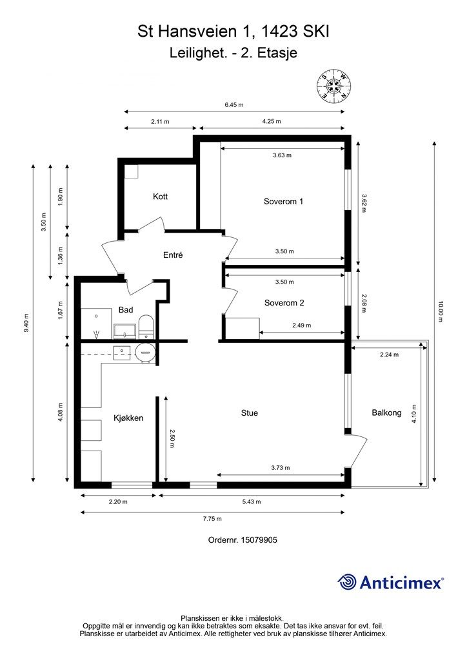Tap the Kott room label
click(x=161, y=197)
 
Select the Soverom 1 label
click(x=283, y=201)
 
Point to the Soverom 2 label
click(x=284, y=303)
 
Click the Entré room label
click(x=173, y=255)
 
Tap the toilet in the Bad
click(x=146, y=327)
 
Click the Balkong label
click(x=386, y=413)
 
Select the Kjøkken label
click(x=128, y=418)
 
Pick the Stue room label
click(x=249, y=413)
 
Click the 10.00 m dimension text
click(x=441, y=311)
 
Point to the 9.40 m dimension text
click(x=27, y=323)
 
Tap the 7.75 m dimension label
click(x=212, y=519)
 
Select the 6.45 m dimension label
click(x=234, y=104)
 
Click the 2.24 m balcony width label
click(x=389, y=354)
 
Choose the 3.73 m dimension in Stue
click(x=281, y=467)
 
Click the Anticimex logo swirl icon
click(x=346, y=582)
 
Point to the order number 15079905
click(x=259, y=539)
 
